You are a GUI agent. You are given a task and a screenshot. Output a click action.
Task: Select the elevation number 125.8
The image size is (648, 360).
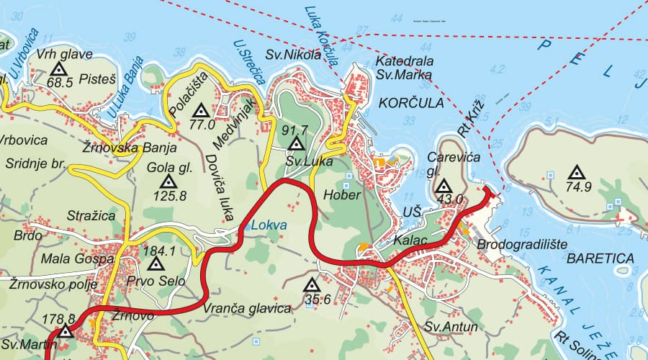coord(171,195)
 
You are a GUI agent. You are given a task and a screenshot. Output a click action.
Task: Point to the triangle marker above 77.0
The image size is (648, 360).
coord(202,111)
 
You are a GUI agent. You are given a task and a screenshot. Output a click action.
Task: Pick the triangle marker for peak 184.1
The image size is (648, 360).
coord(153,264)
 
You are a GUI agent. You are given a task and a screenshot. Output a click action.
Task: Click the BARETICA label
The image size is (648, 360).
coord(600,258)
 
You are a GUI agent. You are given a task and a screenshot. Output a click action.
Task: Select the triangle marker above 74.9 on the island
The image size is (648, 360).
coord(575,173)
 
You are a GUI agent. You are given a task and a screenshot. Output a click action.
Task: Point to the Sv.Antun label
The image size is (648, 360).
coord(451,327)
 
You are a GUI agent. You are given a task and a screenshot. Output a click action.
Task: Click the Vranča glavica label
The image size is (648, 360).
coord(247,308)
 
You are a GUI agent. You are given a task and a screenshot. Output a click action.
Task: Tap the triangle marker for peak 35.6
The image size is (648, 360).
coord(312,285)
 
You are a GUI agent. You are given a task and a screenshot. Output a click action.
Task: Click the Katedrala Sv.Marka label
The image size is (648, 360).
coord(404,68)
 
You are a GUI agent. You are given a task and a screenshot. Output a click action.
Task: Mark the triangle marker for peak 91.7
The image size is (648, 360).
coord(295,144)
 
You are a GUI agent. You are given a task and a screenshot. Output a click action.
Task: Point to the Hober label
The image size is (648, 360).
coord(337,194)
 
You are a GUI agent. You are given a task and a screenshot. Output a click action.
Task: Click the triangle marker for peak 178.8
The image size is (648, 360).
coord(66,332)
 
